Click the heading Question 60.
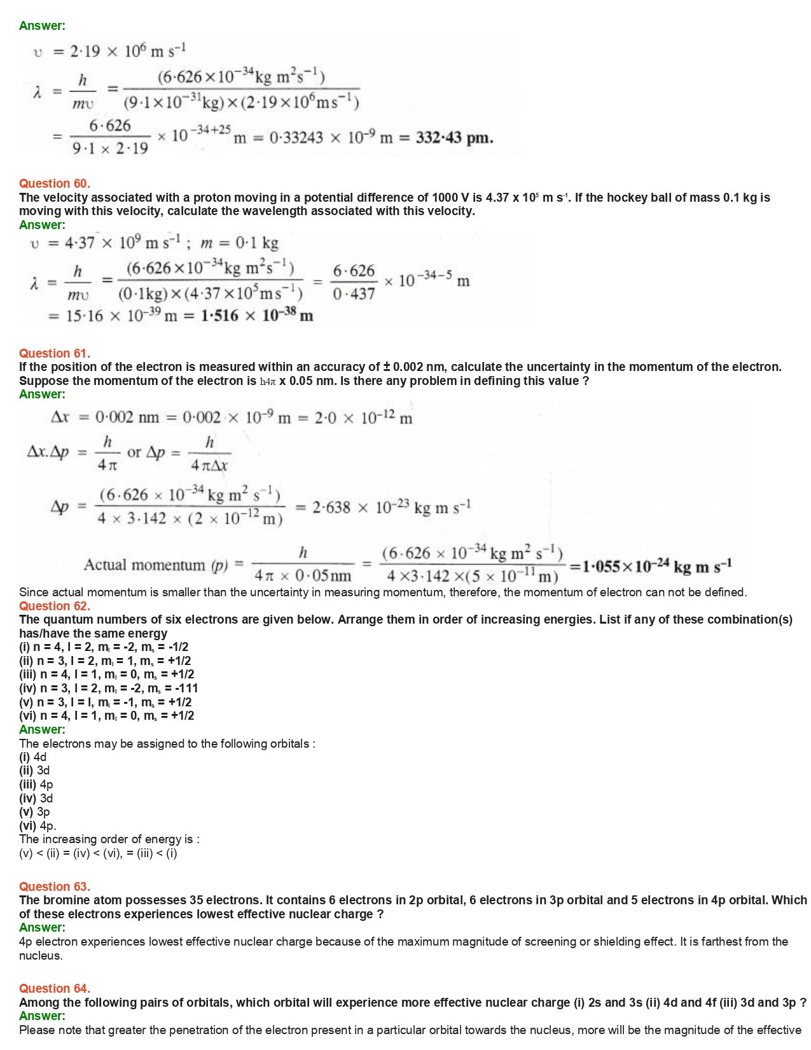(x=55, y=183)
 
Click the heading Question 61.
(x=55, y=353)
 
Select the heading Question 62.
(x=55, y=606)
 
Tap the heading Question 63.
(x=55, y=886)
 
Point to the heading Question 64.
(x=55, y=988)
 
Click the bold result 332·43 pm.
(x=454, y=137)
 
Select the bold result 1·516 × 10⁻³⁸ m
(x=257, y=316)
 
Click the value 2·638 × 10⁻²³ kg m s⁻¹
(x=391, y=507)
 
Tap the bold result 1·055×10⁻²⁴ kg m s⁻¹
(x=651, y=566)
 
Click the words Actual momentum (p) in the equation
(x=155, y=565)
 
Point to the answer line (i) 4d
(x=33, y=757)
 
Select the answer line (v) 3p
(x=34, y=811)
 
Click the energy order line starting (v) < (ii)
(x=98, y=853)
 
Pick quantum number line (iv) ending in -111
(x=108, y=688)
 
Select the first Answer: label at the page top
(x=42, y=25)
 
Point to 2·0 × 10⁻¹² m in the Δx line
(x=369, y=418)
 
